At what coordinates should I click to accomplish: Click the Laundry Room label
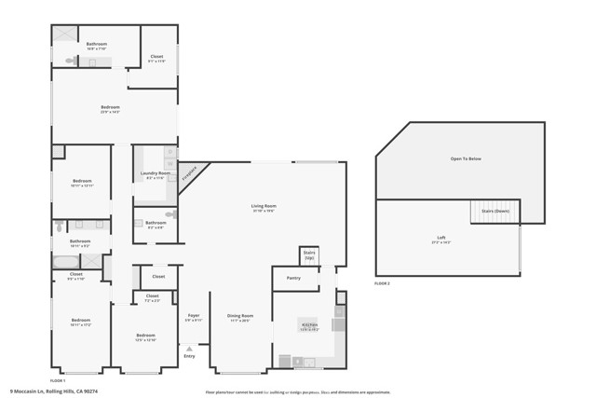coord(155,173)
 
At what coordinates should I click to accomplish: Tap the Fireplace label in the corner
coord(190,173)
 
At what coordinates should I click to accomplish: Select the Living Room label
coord(264,206)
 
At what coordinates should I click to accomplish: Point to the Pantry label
coord(293,278)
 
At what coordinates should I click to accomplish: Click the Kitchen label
coord(308,325)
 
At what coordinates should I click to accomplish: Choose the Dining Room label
coord(240,316)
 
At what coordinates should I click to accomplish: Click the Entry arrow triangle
coord(190,349)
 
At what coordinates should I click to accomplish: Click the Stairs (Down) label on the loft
coord(494,212)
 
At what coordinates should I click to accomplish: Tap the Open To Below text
coord(466,158)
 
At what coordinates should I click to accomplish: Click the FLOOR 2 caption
coord(383,282)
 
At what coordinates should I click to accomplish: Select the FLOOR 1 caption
coord(58,380)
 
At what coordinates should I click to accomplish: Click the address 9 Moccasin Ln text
coord(53,391)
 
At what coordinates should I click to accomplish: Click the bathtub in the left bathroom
coord(66,262)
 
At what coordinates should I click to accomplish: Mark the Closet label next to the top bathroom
coord(156,57)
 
